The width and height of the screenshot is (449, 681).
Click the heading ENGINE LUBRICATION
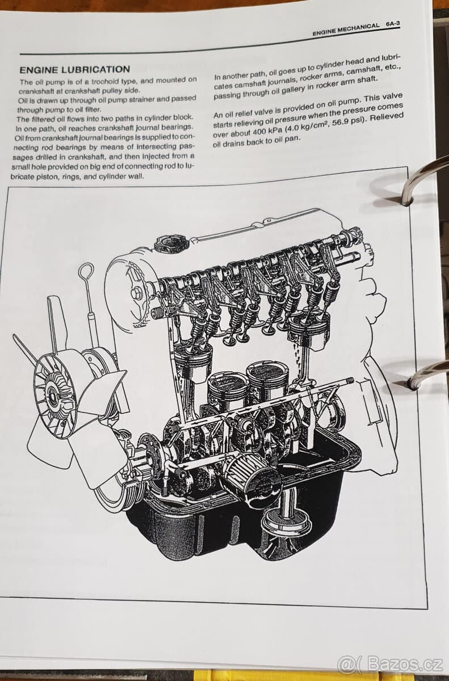pos(74,69)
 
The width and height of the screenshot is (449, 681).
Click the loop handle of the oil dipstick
pos(86,272)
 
